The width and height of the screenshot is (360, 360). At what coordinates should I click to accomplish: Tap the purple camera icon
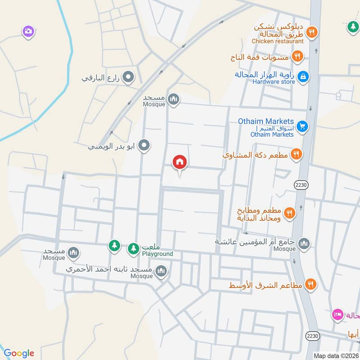tap(28, 31)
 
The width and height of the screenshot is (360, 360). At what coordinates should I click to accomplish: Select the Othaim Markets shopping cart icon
tap(302, 126)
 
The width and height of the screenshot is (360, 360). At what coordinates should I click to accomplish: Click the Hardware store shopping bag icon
tap(303, 76)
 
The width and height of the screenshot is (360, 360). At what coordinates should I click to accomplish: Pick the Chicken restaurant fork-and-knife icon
tap(311, 32)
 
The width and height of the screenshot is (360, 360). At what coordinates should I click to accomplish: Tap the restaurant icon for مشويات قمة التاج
tap(297, 56)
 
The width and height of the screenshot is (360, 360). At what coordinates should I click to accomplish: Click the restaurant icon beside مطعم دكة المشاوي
tap(296, 154)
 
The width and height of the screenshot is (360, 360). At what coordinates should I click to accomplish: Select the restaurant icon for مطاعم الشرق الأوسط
tap(310, 284)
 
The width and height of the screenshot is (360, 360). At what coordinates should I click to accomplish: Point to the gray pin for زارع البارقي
tap(129, 77)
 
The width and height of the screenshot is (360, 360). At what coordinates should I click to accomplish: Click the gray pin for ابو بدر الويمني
tap(144, 145)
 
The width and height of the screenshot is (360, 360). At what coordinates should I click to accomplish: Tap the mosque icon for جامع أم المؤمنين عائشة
tap(304, 243)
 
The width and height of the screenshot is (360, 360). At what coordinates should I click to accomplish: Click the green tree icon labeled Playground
tap(133, 248)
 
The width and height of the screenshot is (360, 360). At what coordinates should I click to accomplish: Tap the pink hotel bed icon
tap(337, 314)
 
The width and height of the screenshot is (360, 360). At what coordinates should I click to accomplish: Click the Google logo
tap(18, 353)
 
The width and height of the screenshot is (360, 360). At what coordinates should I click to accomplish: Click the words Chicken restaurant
tap(278, 41)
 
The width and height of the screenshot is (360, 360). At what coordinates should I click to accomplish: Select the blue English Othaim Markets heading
tap(267, 121)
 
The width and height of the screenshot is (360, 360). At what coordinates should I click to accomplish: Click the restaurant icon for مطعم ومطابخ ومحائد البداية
tap(289, 212)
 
